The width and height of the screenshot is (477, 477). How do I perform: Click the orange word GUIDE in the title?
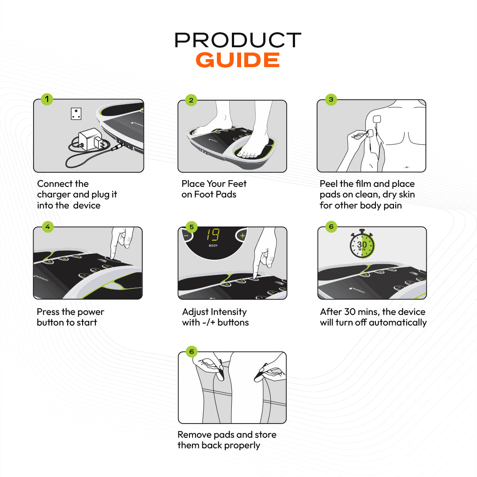click(x=238, y=60)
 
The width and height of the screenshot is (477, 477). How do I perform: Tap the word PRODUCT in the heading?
click(x=238, y=40)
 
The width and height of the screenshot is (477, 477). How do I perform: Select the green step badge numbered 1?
click(x=47, y=99)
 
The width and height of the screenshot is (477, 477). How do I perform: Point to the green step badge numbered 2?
click(x=191, y=100)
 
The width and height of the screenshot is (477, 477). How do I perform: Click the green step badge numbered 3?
click(x=331, y=99)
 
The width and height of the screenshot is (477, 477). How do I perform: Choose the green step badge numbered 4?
click(x=48, y=227)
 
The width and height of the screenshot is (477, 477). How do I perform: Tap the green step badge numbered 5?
click(x=191, y=227)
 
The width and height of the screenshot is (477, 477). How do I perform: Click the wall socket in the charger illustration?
click(x=76, y=114)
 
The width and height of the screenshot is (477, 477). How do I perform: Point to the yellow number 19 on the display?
click(x=212, y=235)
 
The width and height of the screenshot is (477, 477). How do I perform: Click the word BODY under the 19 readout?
click(x=213, y=246)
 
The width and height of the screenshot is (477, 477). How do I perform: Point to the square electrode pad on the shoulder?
click(x=377, y=119)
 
